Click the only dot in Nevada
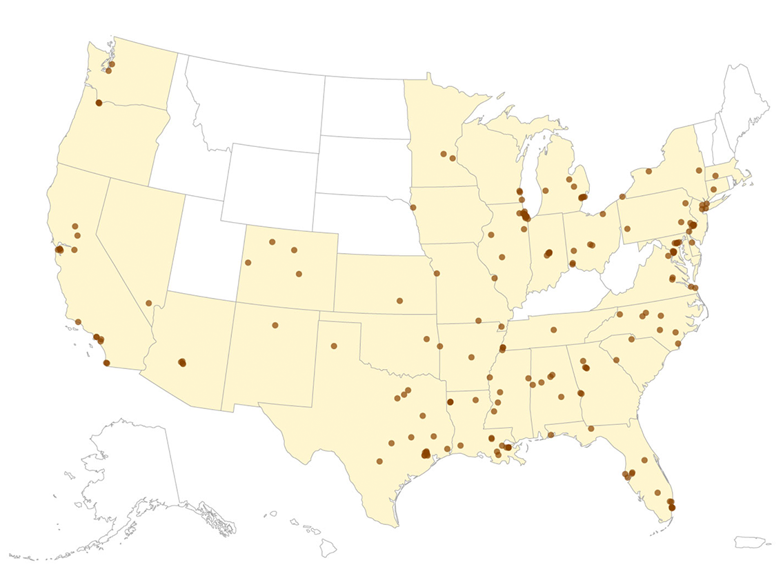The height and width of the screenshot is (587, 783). (149, 303)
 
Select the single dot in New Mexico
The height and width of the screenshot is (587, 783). (275, 325)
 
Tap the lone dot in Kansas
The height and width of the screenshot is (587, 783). (399, 301)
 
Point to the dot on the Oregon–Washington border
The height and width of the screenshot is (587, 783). (99, 103)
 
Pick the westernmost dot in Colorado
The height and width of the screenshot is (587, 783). (248, 263)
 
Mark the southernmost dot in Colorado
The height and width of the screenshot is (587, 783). (299, 274)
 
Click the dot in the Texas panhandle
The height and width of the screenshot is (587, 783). (334, 346)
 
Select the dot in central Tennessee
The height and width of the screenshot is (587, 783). (554, 330)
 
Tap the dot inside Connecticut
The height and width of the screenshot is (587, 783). (713, 189)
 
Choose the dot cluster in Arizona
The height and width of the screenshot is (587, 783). (182, 362)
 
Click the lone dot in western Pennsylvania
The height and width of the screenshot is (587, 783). (627, 228)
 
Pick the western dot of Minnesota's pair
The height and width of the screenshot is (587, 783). (444, 154)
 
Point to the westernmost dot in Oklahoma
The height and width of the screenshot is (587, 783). (427, 339)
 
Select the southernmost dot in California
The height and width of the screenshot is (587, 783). (106, 363)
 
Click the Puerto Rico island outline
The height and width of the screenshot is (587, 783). (749, 542)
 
